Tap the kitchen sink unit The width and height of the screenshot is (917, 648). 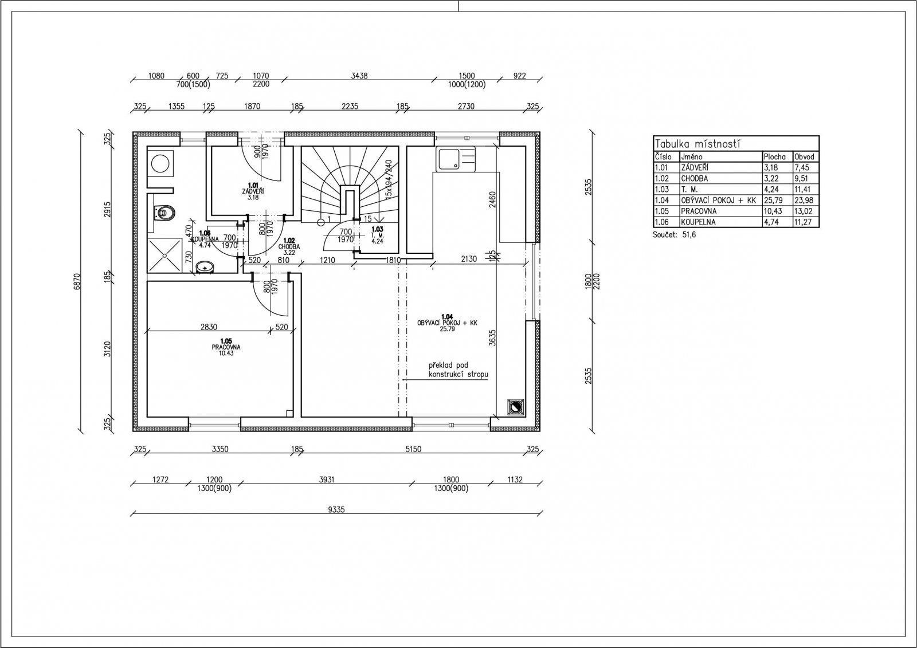click(456, 159)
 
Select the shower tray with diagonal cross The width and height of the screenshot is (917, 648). click(164, 256)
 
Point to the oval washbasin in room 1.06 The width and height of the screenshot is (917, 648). click(205, 268)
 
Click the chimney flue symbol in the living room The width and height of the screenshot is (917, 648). click(515, 408)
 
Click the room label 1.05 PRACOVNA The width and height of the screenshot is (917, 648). click(226, 347)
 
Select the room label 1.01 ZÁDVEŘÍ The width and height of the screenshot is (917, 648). click(253, 191)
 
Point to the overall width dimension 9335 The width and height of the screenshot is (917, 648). click(336, 510)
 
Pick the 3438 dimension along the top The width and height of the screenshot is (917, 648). click(359, 76)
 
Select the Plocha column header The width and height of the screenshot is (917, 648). click(774, 157)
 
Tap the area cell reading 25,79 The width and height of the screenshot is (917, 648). click(771, 201)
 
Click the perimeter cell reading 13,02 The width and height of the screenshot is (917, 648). click(802, 211)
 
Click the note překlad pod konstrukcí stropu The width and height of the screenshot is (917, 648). click(458, 370)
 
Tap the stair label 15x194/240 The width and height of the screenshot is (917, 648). click(389, 178)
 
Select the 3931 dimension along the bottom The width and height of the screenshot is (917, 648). click(326, 480)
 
